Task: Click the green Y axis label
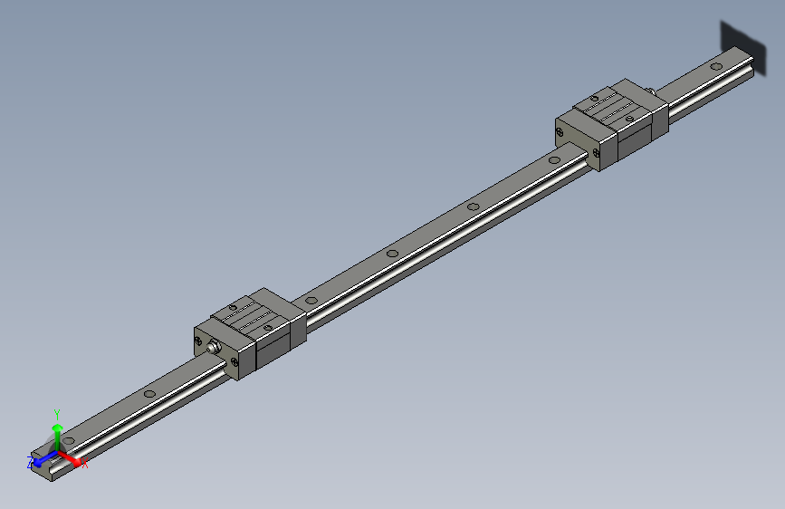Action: pyautogui.click(x=57, y=412)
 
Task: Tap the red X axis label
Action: pyautogui.click(x=85, y=464)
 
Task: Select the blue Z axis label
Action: pyautogui.click(x=30, y=462)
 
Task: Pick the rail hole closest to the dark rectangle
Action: pyautogui.click(x=716, y=65)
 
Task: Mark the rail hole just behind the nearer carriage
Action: pyautogui.click(x=311, y=298)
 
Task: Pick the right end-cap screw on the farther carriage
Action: pyautogui.click(x=598, y=154)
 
